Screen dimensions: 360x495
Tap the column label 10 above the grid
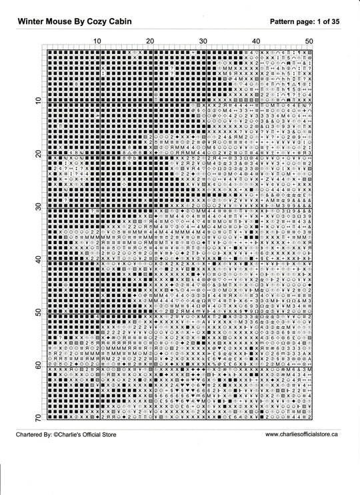(97, 41)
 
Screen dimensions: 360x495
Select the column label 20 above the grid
(150, 41)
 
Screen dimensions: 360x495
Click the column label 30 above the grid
(203, 41)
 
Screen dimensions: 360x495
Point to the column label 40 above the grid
(256, 41)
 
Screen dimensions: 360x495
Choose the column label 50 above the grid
(309, 41)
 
